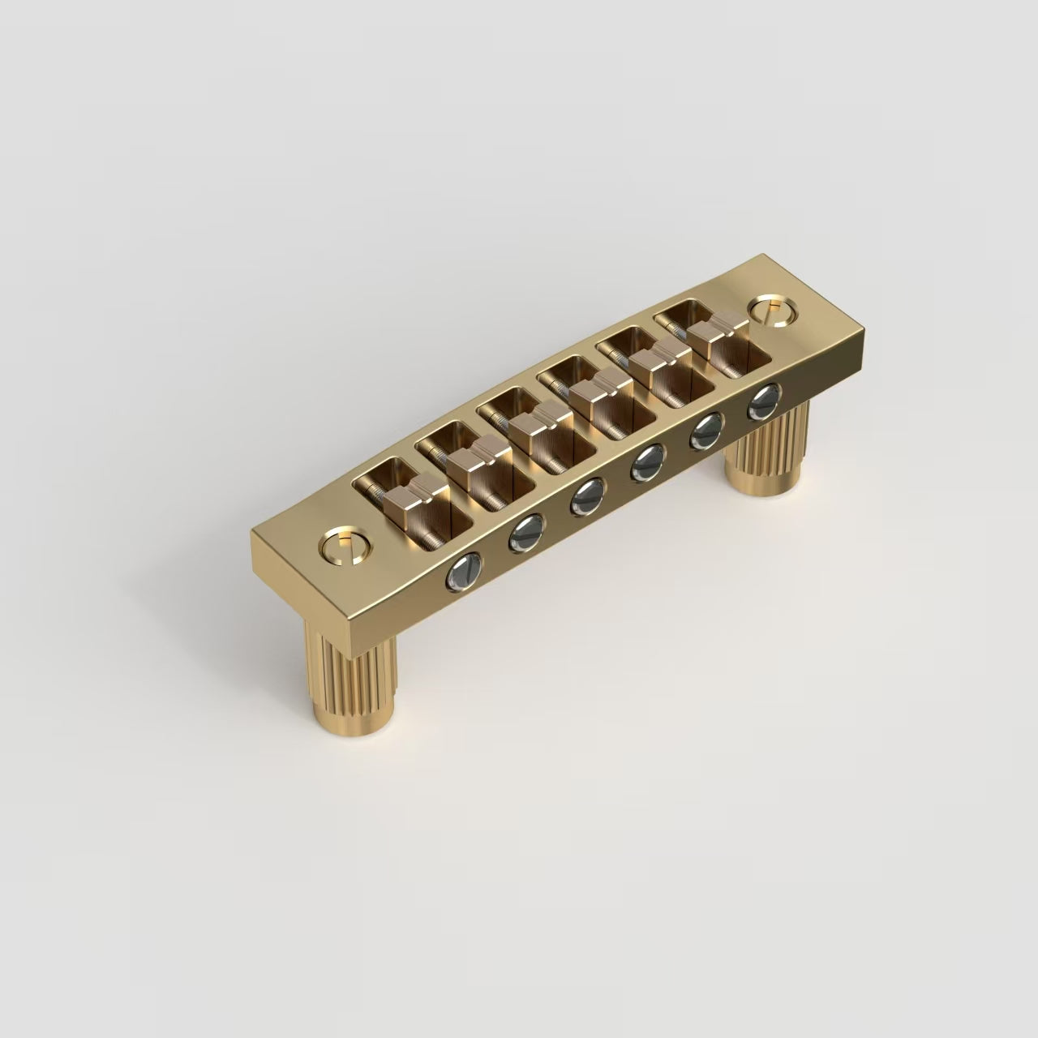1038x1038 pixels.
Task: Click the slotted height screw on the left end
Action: click(x=343, y=547)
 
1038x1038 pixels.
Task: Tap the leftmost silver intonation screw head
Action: click(x=463, y=572)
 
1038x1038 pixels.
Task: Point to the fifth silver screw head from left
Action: click(x=707, y=430)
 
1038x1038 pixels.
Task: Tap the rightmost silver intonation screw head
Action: click(x=763, y=401)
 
